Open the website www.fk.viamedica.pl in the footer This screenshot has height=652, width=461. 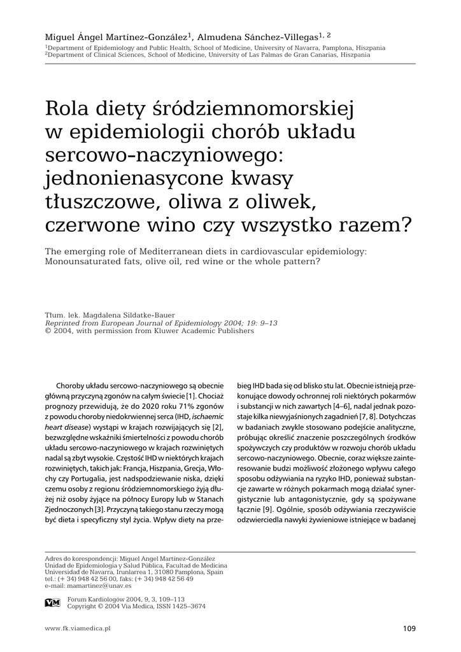click(x=78, y=628)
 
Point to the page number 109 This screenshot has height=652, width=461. click(x=409, y=629)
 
